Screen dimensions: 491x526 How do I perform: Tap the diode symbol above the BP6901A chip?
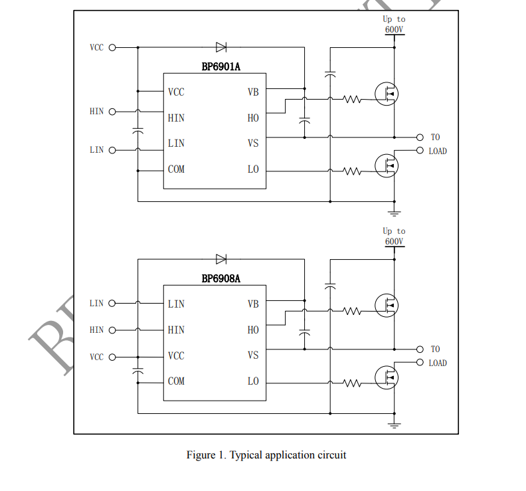tap(221, 47)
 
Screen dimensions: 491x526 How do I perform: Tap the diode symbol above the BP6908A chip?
tap(221, 259)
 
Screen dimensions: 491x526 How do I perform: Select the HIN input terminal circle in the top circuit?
tap(112, 112)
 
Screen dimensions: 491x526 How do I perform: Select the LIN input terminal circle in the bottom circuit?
tap(112, 304)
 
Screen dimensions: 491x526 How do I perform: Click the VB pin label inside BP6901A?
tap(253, 92)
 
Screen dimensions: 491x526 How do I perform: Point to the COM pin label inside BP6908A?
tap(176, 381)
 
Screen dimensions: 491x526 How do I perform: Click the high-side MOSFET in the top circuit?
tap(387, 94)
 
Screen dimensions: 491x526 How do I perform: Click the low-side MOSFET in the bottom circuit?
tap(387, 377)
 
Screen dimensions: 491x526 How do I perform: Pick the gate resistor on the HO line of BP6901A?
tap(351, 100)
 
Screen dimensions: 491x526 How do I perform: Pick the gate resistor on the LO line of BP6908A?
tap(351, 383)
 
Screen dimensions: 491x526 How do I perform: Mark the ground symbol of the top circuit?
tap(394, 213)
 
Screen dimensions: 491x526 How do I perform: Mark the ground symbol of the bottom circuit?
tap(394, 425)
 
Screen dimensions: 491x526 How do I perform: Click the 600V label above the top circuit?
tap(394, 30)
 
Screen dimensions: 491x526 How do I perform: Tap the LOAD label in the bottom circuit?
tap(438, 363)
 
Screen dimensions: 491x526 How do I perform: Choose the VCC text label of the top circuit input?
tap(97, 48)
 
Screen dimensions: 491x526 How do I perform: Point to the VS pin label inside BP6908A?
tap(253, 355)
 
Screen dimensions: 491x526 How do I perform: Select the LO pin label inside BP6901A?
tap(253, 169)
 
